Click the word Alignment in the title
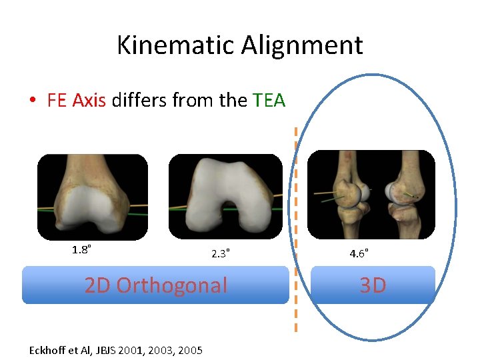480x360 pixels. (302, 45)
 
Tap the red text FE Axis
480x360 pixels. (76, 101)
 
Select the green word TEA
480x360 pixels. (269, 101)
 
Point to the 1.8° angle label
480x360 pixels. (81, 250)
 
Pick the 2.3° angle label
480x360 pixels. (221, 253)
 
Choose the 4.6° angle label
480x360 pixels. (359, 253)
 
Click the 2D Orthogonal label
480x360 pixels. (155, 285)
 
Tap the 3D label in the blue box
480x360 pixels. (373, 285)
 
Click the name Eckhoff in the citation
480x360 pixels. (51, 350)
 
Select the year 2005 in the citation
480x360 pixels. (190, 350)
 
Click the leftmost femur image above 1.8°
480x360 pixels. (92, 197)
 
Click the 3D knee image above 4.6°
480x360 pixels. (371, 193)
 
